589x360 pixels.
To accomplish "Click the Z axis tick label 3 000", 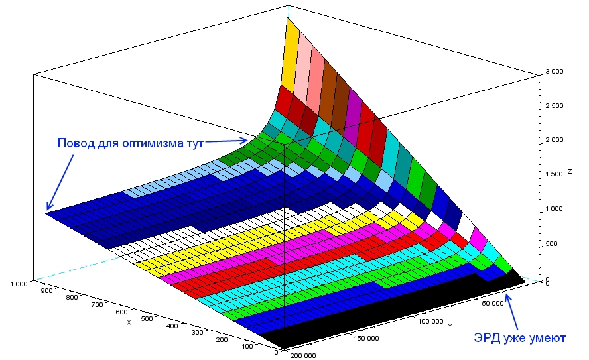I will click(x=555, y=71).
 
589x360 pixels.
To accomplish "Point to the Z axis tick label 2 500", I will click(x=555, y=105).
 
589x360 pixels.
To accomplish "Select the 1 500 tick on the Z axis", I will click(x=555, y=174).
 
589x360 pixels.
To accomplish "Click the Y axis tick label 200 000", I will click(x=302, y=356).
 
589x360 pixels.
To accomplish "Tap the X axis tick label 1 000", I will click(x=18, y=284).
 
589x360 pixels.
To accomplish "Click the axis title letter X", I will click(x=129, y=323).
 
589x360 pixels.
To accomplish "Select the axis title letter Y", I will click(x=450, y=326).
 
